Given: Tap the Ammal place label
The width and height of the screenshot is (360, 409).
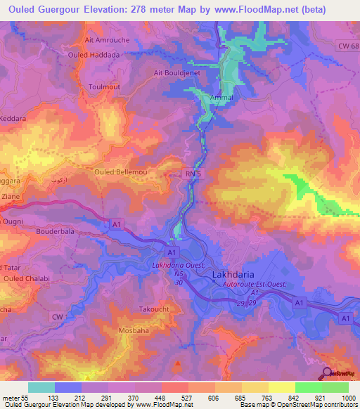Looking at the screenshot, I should [x=222, y=98].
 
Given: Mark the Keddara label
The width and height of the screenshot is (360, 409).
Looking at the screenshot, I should [x=13, y=119].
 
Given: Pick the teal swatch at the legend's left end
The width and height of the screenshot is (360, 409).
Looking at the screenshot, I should [x=41, y=387].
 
